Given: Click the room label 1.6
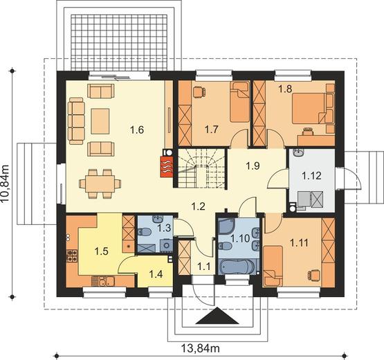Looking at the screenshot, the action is click(x=137, y=129).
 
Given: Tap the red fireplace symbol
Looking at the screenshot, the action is click(x=167, y=166).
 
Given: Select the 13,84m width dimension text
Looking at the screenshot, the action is click(x=200, y=348).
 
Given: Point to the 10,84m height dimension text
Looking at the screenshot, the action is click(x=6, y=183).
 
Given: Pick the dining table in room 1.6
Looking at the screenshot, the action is click(x=100, y=183).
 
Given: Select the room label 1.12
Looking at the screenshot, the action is click(x=311, y=175).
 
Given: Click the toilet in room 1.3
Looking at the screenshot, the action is click(x=144, y=232).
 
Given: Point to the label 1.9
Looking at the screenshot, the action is click(x=253, y=166).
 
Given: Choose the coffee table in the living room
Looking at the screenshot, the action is click(x=100, y=121).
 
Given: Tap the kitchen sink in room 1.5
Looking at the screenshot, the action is click(x=103, y=281).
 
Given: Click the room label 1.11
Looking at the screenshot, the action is click(x=300, y=243).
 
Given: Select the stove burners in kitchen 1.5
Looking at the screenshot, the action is click(x=72, y=255).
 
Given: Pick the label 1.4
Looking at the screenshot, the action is click(x=156, y=274).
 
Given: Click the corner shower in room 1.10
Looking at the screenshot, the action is click(x=226, y=226).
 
